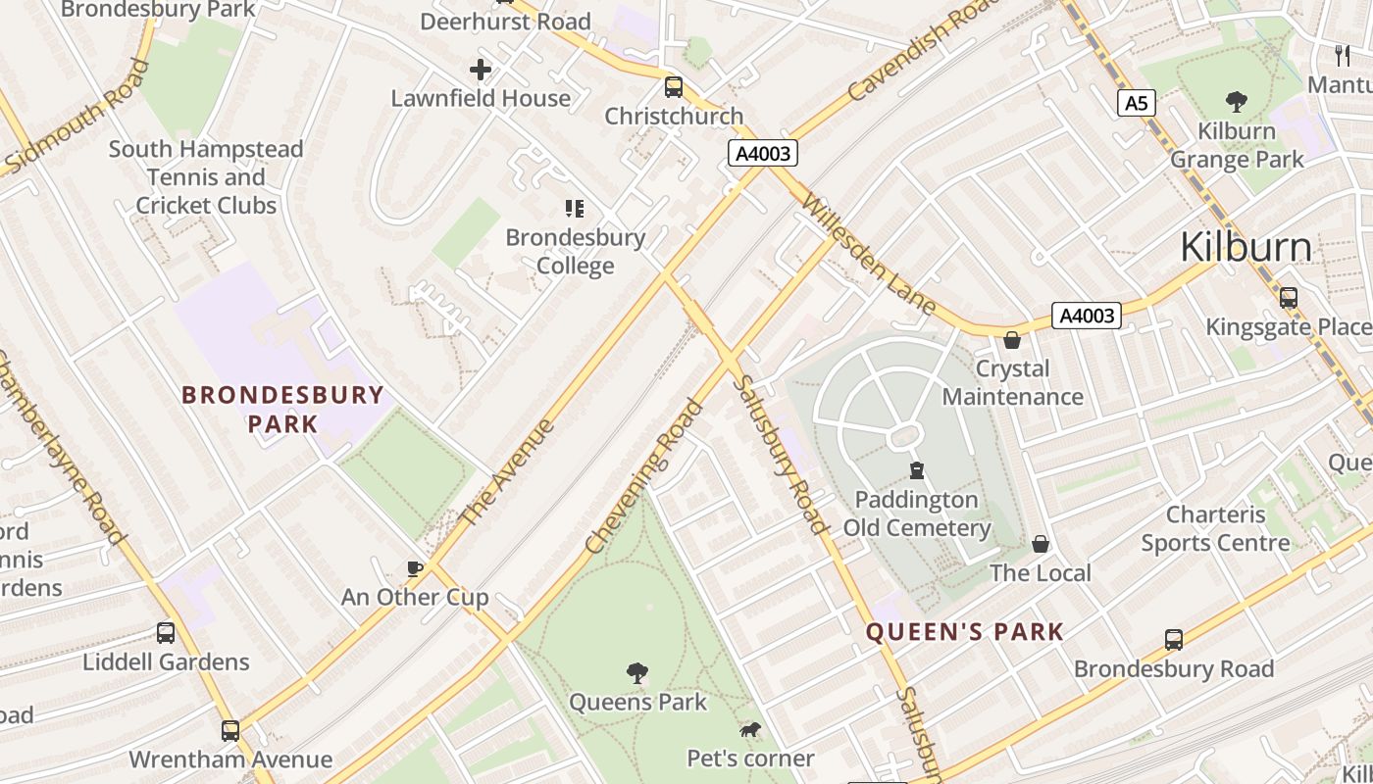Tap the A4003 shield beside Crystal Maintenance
(x=1086, y=316)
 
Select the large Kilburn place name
(x=1246, y=247)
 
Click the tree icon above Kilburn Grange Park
(x=1237, y=101)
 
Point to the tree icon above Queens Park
(x=637, y=673)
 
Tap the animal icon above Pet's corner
(x=750, y=730)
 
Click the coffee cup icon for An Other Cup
(x=415, y=568)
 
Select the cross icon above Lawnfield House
(x=481, y=70)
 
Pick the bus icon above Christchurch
(x=674, y=87)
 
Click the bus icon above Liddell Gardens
(x=166, y=633)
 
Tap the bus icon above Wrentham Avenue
(x=230, y=730)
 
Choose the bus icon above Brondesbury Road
(x=1174, y=640)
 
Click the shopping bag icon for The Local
(x=1041, y=544)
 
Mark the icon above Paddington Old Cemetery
(x=917, y=470)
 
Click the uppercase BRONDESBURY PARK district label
(x=282, y=409)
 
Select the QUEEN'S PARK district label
(x=965, y=632)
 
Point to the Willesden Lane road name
(x=869, y=254)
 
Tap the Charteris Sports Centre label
(x=1215, y=528)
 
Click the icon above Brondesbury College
(x=575, y=208)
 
